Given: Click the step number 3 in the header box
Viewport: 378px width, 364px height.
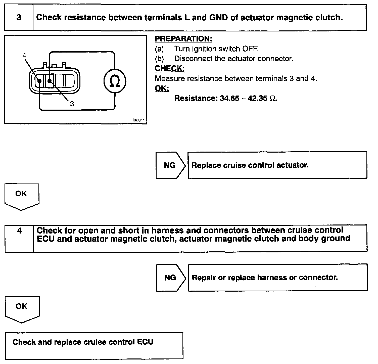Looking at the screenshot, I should tap(19, 18).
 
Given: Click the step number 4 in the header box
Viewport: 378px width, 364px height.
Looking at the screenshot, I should tap(19, 231).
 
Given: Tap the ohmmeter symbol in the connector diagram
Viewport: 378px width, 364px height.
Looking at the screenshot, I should tap(115, 81).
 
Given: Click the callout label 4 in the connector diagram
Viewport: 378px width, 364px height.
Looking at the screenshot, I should tap(24, 56).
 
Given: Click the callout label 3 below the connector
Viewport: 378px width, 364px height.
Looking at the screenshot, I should tap(72, 104).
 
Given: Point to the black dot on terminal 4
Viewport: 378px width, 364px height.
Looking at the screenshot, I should tap(39, 81).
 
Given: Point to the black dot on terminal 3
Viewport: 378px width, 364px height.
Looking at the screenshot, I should tap(50, 81).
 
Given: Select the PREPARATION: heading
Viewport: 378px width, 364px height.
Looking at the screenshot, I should tap(183, 39).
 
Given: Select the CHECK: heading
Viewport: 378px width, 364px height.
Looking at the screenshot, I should tap(170, 69).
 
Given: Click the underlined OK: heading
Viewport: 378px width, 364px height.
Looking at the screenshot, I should tap(162, 88).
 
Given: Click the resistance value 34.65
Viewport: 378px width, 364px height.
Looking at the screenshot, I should tap(229, 98).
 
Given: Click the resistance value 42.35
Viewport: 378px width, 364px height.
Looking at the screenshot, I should tap(257, 98).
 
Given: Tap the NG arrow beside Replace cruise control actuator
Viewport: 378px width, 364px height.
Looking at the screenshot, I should tap(170, 165).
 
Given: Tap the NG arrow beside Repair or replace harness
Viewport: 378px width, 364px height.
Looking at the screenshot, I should tap(170, 278).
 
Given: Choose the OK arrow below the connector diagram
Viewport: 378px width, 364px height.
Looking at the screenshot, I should tap(21, 195).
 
